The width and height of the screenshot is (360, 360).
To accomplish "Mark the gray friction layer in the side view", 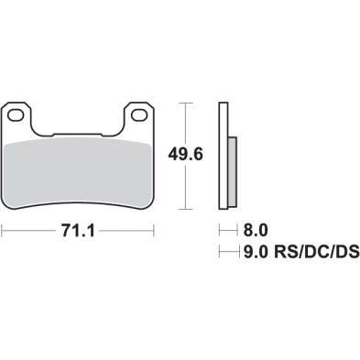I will tap(232, 169).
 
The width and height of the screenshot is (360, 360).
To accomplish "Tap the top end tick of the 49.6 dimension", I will tap(187, 103).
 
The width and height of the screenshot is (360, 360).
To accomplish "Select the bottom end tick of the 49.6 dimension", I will tap(187, 210).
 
